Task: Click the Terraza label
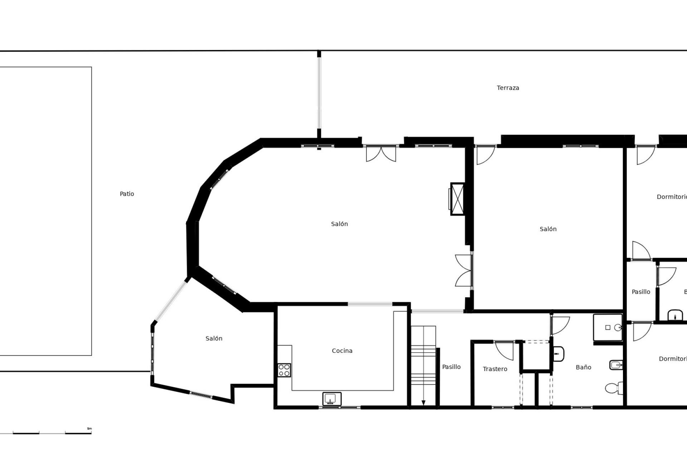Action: coord(508,88)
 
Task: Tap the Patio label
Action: coord(127,194)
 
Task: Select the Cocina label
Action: coord(342,351)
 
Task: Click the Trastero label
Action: coord(495,369)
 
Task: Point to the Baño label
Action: coord(583,367)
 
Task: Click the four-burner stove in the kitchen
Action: coord(284,370)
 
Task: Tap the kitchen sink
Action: coord(332,399)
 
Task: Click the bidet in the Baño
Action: coord(616,365)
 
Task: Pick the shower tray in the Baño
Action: coord(608,327)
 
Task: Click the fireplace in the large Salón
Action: coord(457,199)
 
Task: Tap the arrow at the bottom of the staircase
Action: coord(423,402)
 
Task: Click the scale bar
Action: coord(52,433)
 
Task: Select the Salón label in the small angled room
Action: coord(214,338)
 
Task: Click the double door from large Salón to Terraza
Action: coord(381,153)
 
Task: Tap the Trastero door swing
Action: coord(505,350)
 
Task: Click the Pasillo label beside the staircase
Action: coord(451,367)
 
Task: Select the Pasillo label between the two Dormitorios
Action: coord(641,292)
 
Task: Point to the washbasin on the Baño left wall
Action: coord(558,354)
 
